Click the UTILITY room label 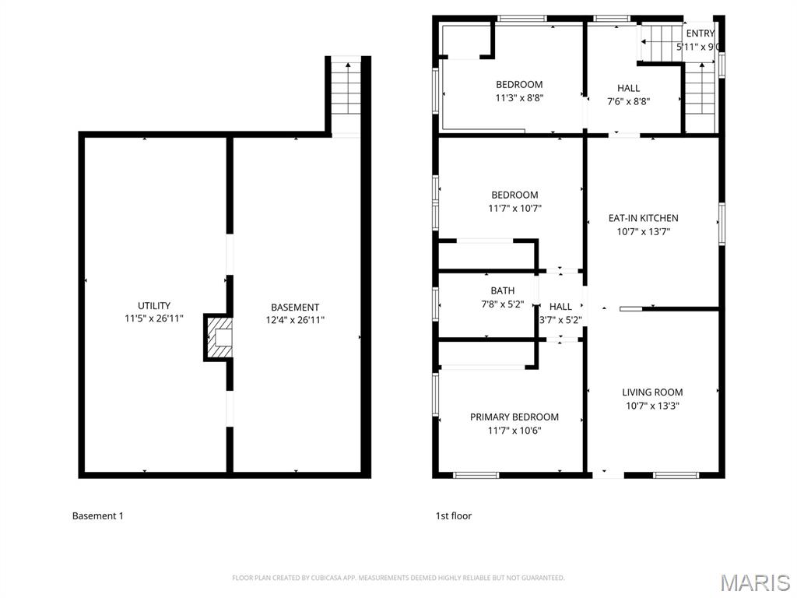154,306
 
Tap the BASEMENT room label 295,308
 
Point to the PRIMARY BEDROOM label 514,417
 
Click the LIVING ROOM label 652,392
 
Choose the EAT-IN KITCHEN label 643,218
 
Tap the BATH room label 502,291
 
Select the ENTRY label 700,33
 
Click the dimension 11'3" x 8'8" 519,98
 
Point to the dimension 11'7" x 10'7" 514,208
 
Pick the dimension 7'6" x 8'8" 628,101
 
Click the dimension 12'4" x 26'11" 295,319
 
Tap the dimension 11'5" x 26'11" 154,318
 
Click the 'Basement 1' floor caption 97,515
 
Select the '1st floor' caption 453,515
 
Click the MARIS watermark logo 755,582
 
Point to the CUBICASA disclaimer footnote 398,578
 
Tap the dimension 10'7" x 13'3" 652,406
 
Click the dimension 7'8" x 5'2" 502,304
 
